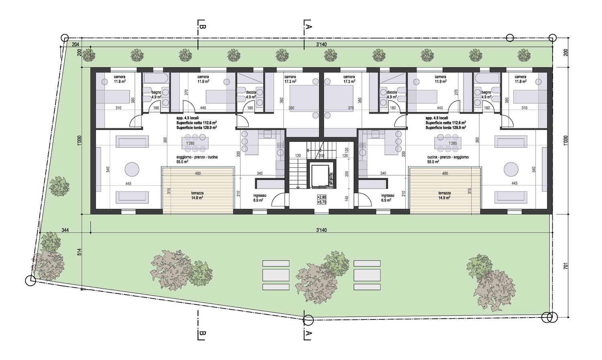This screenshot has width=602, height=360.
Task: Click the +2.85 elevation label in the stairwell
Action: pyautogui.click(x=321, y=197)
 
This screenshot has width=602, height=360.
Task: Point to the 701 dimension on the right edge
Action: pyautogui.click(x=565, y=266)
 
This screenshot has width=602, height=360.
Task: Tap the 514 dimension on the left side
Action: pyautogui.click(x=79, y=252)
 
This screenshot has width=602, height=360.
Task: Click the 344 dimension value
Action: pyautogui.click(x=65, y=230)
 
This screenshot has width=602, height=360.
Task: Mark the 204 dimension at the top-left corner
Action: pyautogui.click(x=75, y=45)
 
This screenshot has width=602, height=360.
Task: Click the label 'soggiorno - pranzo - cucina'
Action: pyautogui.click(x=197, y=157)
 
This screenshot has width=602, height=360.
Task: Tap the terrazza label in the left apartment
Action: pyautogui.click(x=197, y=193)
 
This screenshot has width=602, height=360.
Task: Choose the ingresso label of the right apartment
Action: pyautogui.click(x=387, y=195)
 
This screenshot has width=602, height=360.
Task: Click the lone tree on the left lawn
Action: pyautogui.click(x=59, y=186)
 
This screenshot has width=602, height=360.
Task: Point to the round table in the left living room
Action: pyautogui.click(x=132, y=169)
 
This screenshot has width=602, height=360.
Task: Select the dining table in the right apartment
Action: pyautogui.click(x=448, y=143)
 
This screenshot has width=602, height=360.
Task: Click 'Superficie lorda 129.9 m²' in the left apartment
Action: pyautogui.click(x=197, y=128)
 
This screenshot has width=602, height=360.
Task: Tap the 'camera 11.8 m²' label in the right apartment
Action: pyautogui.click(x=520, y=79)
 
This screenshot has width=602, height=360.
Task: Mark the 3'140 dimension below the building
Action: pyautogui.click(x=321, y=230)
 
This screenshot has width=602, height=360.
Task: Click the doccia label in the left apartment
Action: pyautogui.click(x=251, y=92)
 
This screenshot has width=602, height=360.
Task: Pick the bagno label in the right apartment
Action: pyautogui.click(x=486, y=92)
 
